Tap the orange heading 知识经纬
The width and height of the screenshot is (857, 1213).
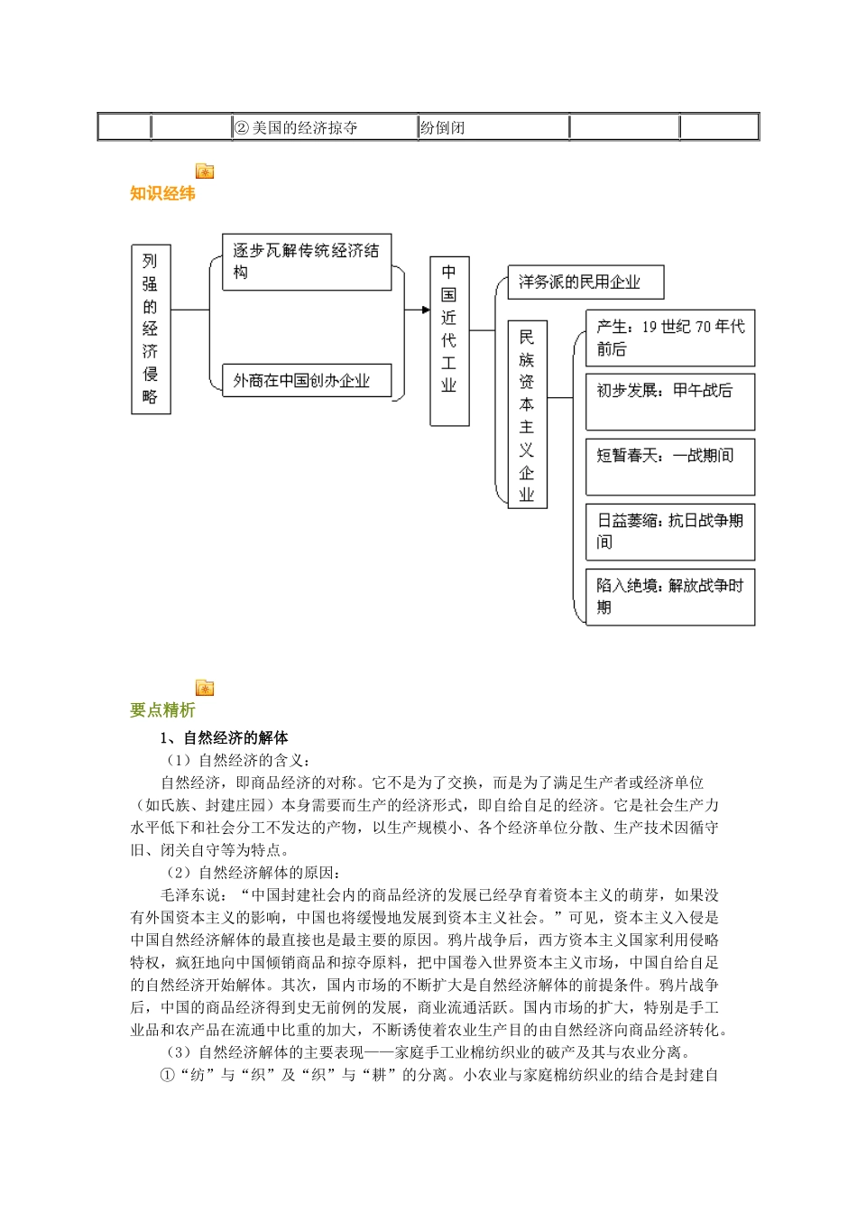click(162, 193)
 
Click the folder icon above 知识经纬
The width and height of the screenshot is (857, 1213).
click(205, 171)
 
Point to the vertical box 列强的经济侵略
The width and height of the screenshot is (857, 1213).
click(151, 329)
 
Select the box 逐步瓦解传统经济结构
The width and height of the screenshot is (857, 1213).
click(307, 262)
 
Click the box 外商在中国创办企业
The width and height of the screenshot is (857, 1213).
click(307, 381)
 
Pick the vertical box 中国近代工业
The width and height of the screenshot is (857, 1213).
click(449, 340)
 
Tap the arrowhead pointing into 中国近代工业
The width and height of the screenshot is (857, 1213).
click(425, 310)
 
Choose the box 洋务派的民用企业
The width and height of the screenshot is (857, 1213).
click(585, 282)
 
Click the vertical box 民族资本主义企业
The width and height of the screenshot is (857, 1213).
click(527, 414)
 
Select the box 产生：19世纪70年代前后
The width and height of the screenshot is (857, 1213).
click(670, 338)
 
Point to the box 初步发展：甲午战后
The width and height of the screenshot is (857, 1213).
click(670, 401)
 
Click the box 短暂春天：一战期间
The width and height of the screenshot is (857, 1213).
click(670, 466)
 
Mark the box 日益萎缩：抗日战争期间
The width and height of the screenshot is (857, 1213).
click(670, 531)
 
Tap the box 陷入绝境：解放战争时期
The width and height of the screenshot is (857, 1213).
click(670, 596)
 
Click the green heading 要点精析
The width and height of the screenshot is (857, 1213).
click(162, 710)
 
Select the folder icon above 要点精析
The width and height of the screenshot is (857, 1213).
click(205, 689)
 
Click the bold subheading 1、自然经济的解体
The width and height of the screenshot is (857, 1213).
click(224, 738)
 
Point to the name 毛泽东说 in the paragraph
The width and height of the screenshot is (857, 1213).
click(190, 895)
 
